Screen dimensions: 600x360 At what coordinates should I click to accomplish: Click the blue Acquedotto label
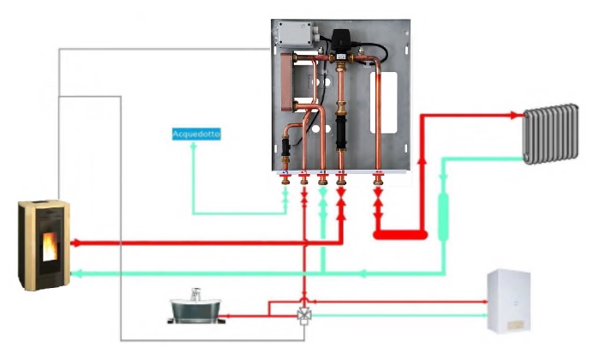(x=196, y=134)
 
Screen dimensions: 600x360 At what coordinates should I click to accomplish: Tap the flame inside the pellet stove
(x=50, y=247)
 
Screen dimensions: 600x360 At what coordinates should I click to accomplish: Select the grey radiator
(x=550, y=134)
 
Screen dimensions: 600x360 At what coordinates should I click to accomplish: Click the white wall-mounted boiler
(x=508, y=301)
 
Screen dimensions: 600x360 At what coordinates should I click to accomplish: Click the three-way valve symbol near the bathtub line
(x=304, y=315)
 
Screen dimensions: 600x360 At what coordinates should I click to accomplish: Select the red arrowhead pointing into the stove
(x=75, y=243)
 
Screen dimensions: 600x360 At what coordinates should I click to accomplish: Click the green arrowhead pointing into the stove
(x=76, y=273)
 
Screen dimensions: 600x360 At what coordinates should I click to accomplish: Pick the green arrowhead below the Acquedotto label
(x=194, y=146)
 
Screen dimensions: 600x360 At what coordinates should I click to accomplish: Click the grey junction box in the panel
(x=295, y=33)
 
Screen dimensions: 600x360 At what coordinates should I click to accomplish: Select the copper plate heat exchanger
(x=288, y=82)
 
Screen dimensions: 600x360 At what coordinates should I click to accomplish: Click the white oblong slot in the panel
(x=383, y=103)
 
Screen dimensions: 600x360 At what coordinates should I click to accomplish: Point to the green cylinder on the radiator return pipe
(x=443, y=217)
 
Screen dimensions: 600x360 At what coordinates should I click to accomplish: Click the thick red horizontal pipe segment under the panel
(x=400, y=235)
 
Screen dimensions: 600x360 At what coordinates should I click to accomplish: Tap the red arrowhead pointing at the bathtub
(x=225, y=316)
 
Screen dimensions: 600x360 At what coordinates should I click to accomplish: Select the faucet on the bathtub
(x=195, y=294)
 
